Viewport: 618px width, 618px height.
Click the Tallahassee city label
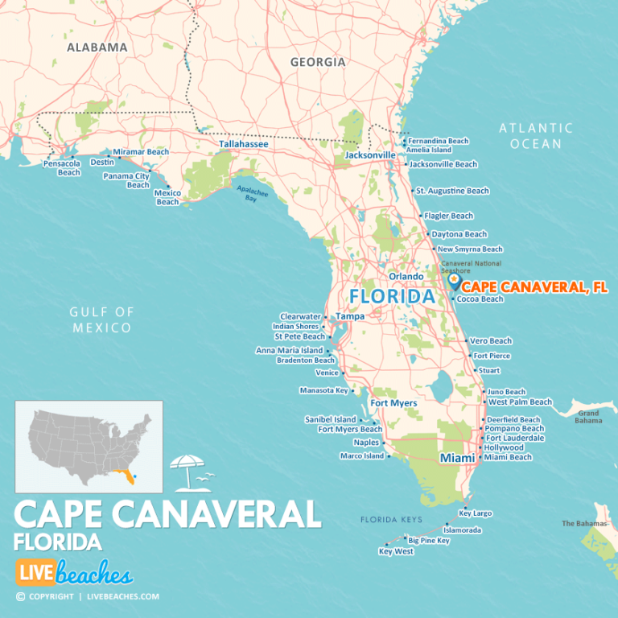(x=244, y=144)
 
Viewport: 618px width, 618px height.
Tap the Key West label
(x=396, y=552)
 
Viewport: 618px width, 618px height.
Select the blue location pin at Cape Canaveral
(x=455, y=282)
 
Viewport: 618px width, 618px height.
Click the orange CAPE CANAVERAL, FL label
(x=535, y=286)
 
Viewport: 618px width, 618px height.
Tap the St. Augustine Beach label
(x=452, y=191)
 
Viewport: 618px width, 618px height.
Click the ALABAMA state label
(x=97, y=47)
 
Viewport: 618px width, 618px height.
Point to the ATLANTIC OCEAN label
(x=536, y=135)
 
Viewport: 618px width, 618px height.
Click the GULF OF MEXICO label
(x=101, y=319)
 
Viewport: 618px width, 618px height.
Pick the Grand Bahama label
(x=588, y=417)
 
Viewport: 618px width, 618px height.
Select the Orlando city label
(x=406, y=276)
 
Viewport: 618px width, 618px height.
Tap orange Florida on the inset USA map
(x=124, y=476)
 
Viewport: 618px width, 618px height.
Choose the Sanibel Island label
(x=330, y=419)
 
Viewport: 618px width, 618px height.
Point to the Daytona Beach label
(x=459, y=234)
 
